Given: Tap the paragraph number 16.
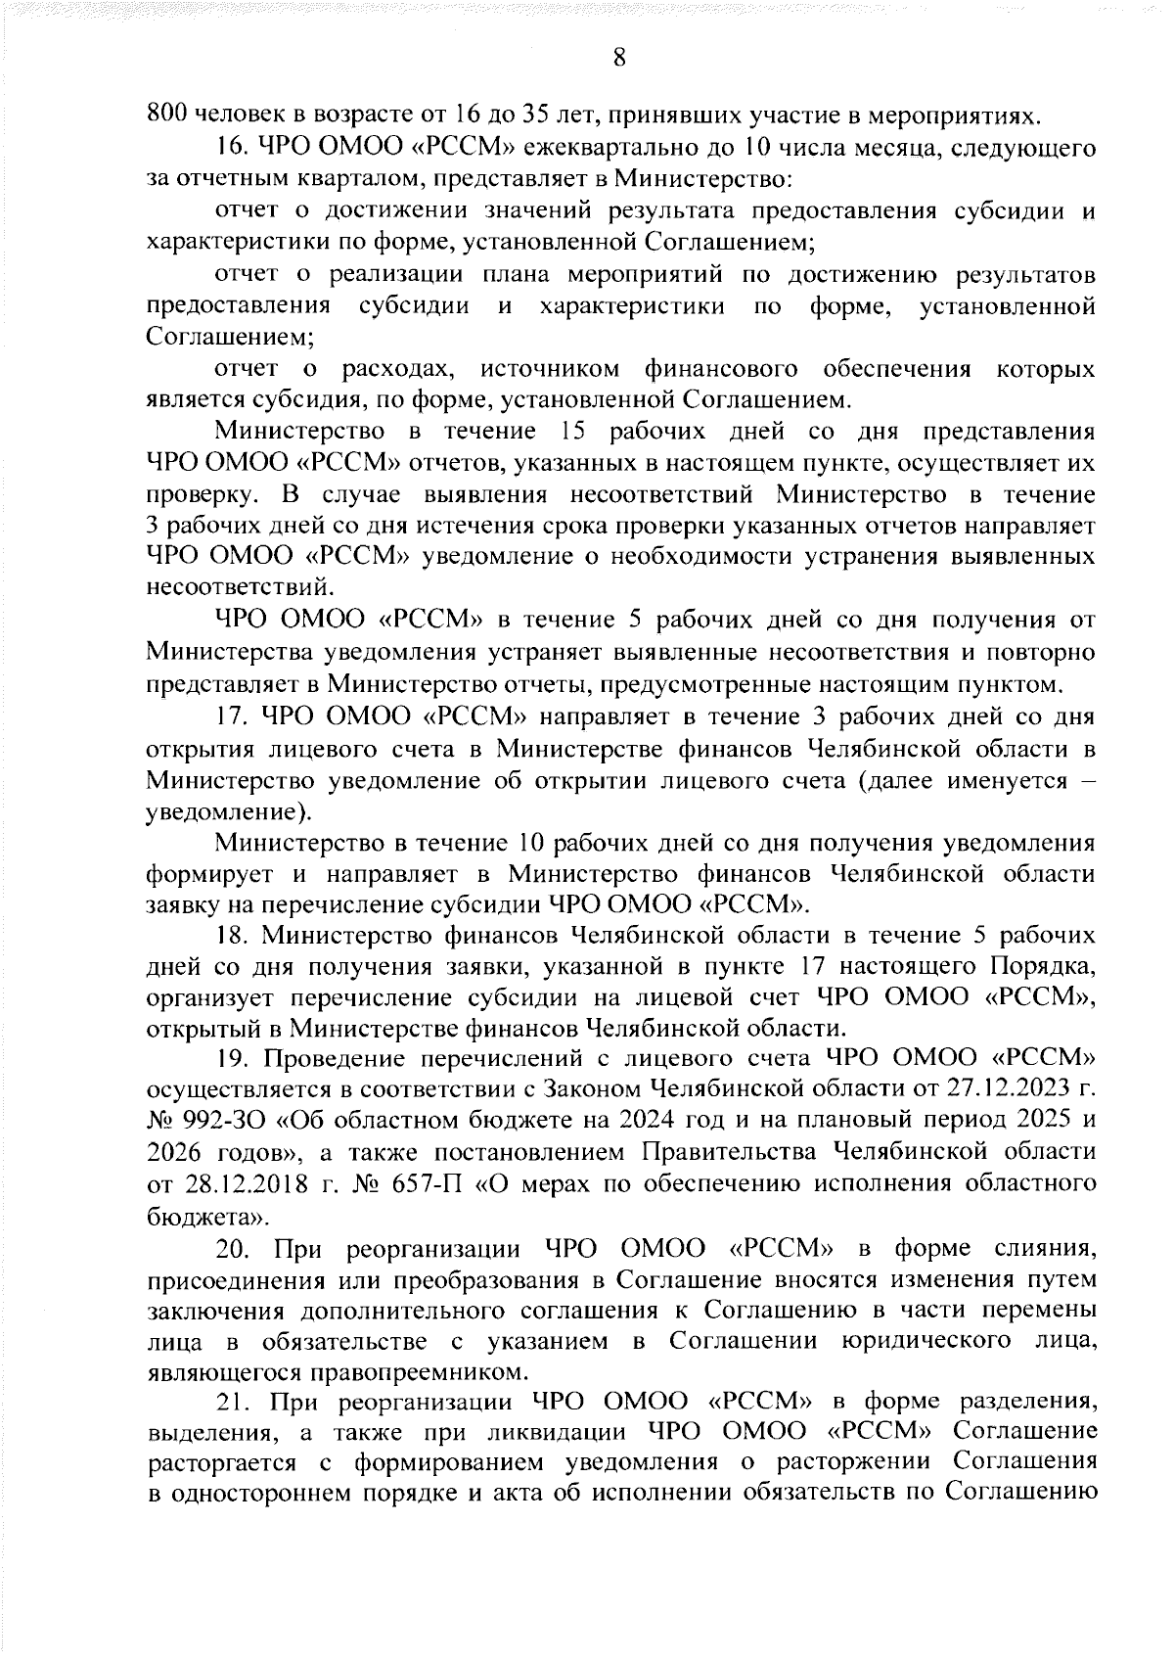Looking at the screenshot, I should (235, 149).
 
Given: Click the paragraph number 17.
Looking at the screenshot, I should (235, 716).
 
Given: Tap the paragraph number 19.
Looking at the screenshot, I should (235, 1060).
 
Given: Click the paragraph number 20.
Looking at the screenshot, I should (235, 1249).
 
